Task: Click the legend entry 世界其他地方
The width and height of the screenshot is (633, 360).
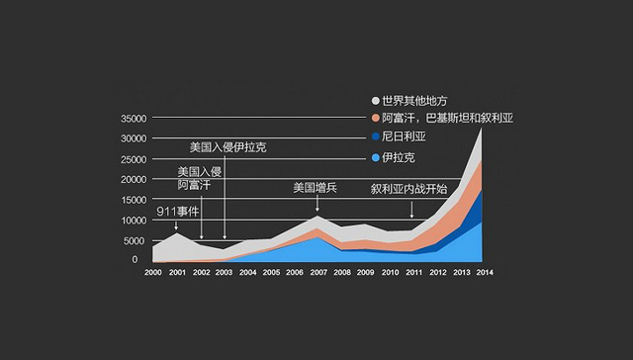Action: coord(415,101)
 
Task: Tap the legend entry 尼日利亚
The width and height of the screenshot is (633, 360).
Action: coord(405,137)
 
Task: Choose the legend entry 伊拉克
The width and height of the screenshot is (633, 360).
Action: coord(399,157)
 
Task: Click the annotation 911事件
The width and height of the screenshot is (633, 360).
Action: coord(179,211)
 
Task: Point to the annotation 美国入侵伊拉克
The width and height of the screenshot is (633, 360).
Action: coord(228,147)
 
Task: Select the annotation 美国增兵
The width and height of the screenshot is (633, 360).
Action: coord(316,187)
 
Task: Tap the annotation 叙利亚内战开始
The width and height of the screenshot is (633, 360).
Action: coord(408,188)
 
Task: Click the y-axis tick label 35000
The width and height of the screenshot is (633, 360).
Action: coord(134,119)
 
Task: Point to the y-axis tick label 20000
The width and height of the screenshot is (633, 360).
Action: coord(134,180)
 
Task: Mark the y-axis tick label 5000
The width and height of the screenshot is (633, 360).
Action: coord(136,240)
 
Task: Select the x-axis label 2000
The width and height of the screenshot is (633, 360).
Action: coord(153,272)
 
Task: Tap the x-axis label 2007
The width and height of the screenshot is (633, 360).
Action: coord(318,272)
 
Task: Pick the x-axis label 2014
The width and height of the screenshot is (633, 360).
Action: coord(484,272)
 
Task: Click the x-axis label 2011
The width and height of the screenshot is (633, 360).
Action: coord(412,272)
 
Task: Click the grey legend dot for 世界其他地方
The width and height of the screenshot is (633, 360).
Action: coord(376,101)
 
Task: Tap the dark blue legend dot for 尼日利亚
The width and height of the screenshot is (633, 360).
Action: coord(376,137)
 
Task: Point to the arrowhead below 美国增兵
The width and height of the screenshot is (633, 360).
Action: coord(317,209)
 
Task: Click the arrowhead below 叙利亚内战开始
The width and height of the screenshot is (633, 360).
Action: coord(411,215)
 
